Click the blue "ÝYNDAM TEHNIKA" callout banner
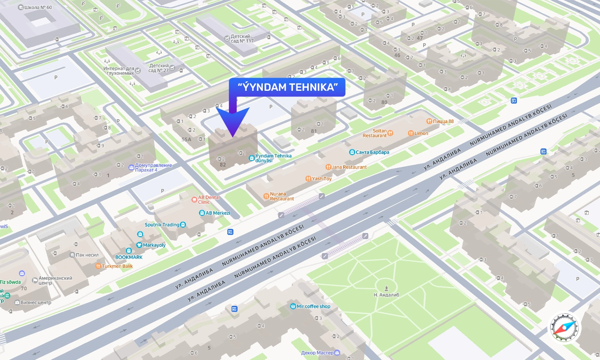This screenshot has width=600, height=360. pos(287,87)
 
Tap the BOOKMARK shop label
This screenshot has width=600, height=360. pos(129,257)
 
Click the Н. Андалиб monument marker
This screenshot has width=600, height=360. pos(386,288)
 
